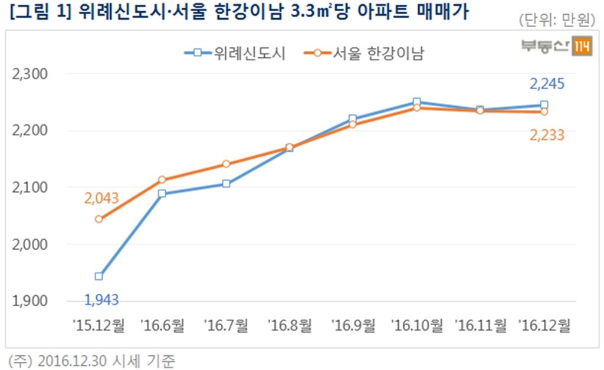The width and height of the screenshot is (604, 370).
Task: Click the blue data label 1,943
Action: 101,300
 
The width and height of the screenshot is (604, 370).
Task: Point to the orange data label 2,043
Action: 101,198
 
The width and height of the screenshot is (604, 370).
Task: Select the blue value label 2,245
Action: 547,84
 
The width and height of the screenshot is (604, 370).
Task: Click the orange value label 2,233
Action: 547,135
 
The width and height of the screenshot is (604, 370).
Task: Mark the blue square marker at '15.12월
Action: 99,276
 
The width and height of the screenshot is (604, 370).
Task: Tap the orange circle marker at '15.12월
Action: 99,220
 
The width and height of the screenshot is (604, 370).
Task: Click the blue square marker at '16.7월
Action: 226,184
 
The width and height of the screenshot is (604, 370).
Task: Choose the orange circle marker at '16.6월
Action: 163,180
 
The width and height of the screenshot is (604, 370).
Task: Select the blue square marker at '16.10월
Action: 416,102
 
